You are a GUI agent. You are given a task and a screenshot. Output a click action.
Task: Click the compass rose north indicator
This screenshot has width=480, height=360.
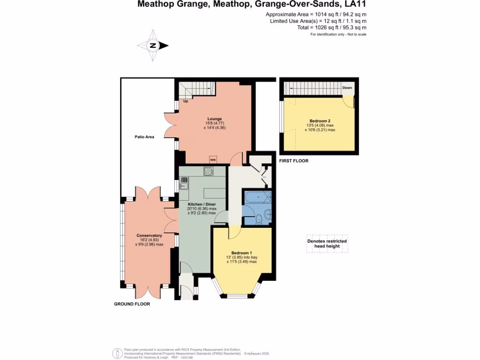point(153,45)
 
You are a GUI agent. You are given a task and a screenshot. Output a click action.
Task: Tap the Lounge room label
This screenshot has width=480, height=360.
point(215,119)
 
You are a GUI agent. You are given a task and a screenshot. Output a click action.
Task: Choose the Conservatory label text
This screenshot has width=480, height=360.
point(149,235)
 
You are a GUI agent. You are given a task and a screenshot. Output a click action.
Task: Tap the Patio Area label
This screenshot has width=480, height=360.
point(144,137)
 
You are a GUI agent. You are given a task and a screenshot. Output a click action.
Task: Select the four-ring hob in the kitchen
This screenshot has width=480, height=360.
point(209,172)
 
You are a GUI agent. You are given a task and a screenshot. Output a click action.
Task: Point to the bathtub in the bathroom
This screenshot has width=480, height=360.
point(257,197)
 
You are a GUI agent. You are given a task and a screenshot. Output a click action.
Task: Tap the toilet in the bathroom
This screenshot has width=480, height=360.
point(259,218)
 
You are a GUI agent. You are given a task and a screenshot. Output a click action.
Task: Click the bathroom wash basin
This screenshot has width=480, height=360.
point(267,215)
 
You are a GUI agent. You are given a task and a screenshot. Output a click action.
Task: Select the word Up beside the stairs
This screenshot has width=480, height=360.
point(186,101)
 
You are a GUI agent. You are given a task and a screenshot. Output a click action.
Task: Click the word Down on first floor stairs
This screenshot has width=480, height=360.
point(347,88)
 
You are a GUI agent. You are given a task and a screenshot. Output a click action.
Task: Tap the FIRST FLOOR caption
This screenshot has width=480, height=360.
point(293,161)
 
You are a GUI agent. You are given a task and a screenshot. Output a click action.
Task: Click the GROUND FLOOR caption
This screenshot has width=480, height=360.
point(132,304)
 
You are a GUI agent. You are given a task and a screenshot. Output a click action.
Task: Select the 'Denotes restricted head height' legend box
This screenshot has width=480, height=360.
point(327,244)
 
